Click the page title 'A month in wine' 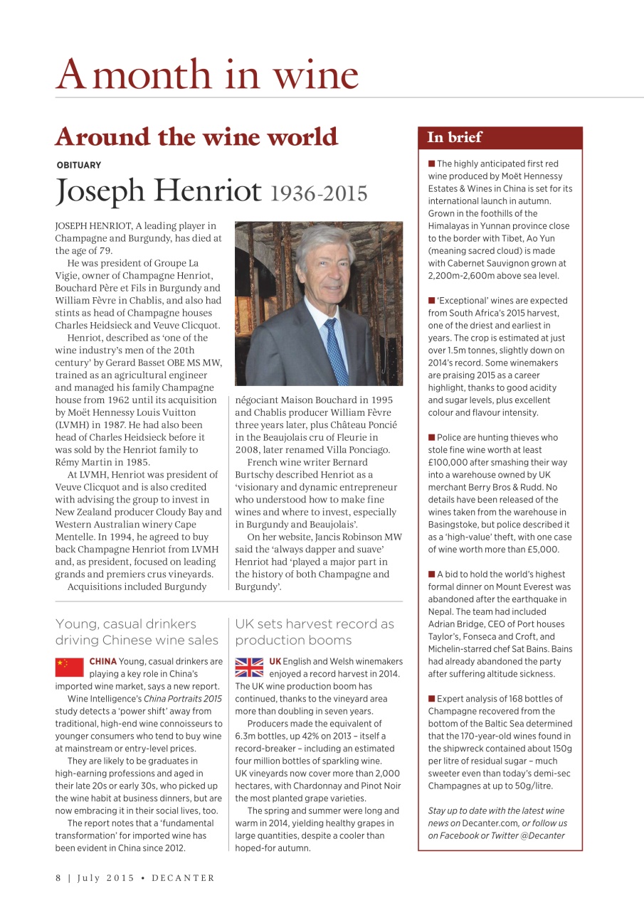[x=207, y=74]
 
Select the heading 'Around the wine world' [x=196, y=136]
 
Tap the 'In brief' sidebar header [x=455, y=137]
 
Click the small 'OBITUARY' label [x=78, y=165]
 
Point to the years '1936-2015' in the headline [x=319, y=193]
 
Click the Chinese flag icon [x=69, y=667]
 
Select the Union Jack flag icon [x=249, y=667]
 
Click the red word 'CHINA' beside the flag [x=102, y=661]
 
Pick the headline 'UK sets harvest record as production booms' [x=315, y=631]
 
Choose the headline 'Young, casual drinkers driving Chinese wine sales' [x=137, y=631]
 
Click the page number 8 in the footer [x=58, y=878]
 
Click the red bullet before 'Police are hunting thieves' [x=431, y=437]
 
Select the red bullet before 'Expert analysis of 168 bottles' [x=431, y=699]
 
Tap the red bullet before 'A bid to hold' [x=431, y=574]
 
